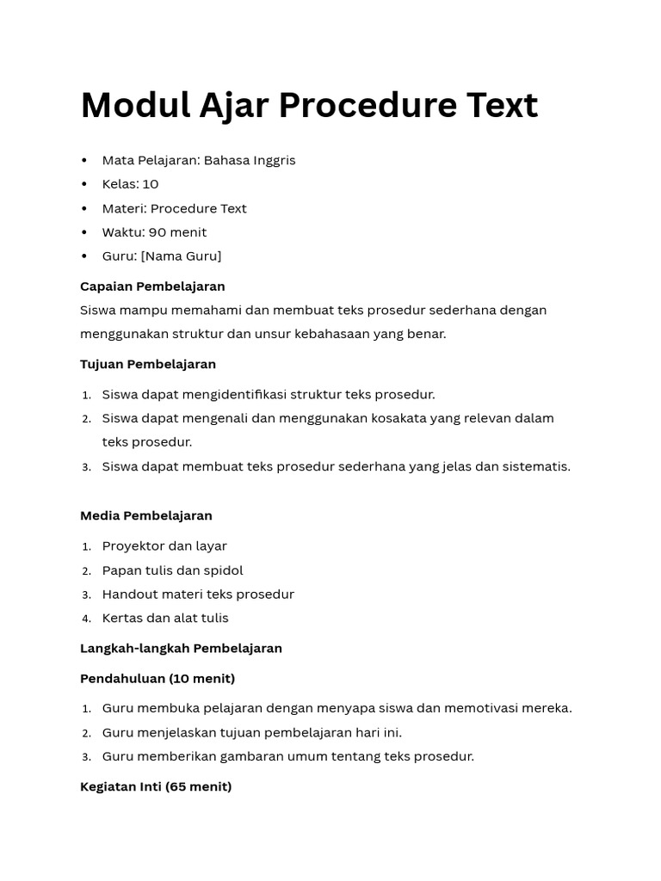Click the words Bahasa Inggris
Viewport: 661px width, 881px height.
[250, 160]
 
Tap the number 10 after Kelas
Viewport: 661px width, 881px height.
[151, 184]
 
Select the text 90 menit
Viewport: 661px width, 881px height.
[177, 232]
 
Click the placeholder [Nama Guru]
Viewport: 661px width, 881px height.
[181, 256]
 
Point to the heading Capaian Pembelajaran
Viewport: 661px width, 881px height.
[152, 286]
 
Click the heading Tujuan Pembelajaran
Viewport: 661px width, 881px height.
[148, 364]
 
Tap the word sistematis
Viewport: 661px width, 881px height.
[534, 466]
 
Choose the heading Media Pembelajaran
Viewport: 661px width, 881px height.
[146, 515]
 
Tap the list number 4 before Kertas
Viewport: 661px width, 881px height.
[86, 619]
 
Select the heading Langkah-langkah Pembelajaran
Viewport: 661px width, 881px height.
[181, 648]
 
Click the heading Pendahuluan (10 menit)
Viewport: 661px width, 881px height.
[158, 679]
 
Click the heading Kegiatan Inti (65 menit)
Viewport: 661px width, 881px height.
[156, 786]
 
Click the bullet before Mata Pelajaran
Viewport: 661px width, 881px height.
[84, 161]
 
